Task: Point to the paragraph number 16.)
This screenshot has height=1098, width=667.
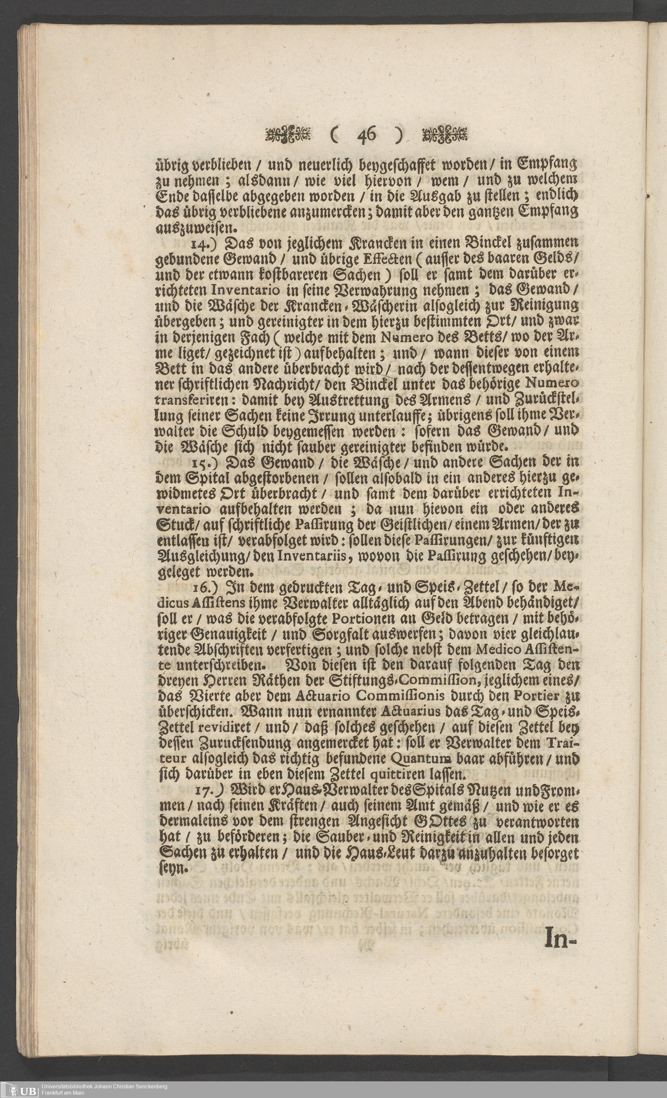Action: click(x=204, y=587)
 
